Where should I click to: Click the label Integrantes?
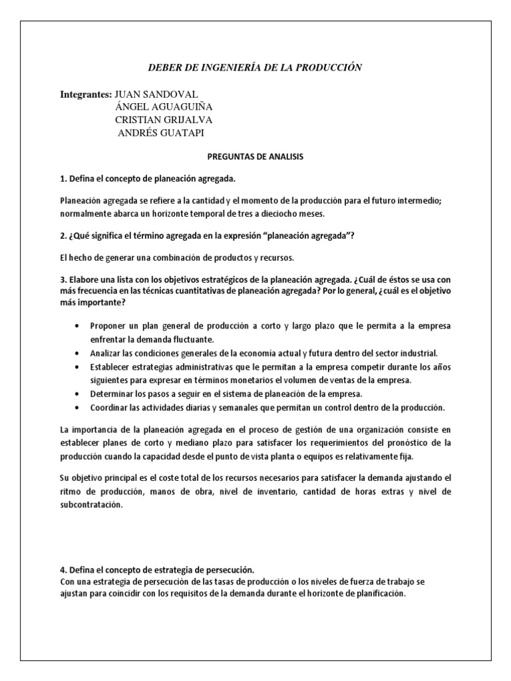86,94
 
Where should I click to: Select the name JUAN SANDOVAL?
156,94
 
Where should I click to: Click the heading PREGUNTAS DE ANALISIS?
255,157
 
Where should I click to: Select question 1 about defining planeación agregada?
148,179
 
